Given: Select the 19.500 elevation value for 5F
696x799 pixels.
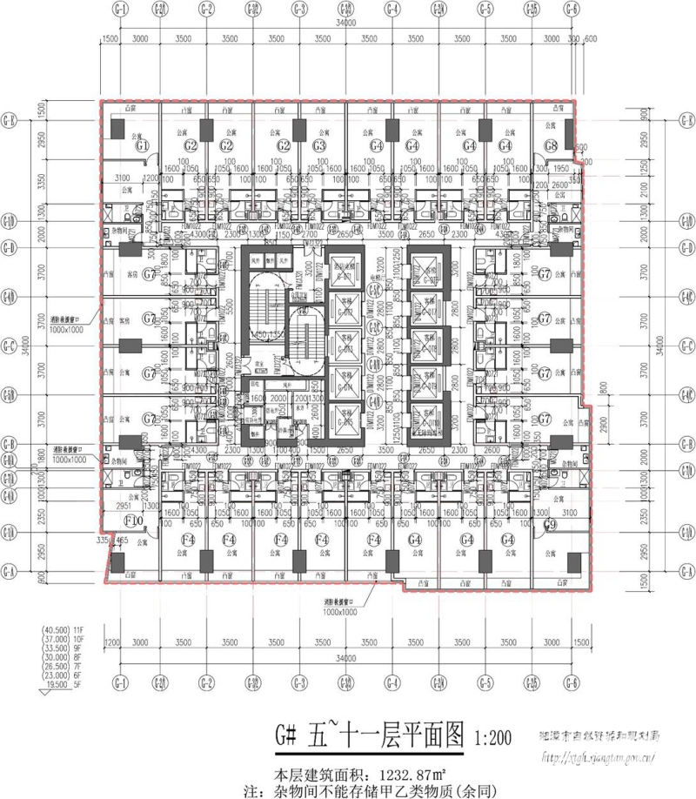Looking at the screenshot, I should [54, 684].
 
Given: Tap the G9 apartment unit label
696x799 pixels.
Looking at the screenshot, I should [550, 525].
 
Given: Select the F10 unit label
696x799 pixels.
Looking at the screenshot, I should [135, 520].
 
